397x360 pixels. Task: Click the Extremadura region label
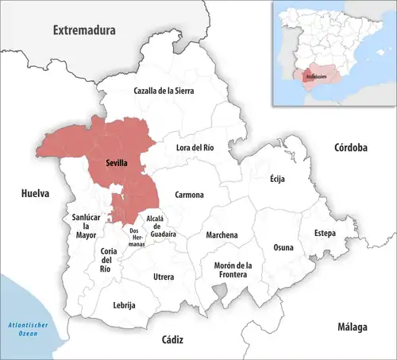click(x=84, y=30)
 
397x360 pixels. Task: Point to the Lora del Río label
click(x=195, y=147)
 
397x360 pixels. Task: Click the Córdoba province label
click(x=349, y=148)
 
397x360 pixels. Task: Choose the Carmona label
click(x=190, y=195)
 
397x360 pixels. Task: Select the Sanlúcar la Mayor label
click(x=86, y=226)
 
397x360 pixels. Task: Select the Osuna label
click(x=283, y=247)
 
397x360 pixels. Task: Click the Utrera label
click(x=164, y=276)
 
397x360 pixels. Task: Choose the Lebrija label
click(x=124, y=305)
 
